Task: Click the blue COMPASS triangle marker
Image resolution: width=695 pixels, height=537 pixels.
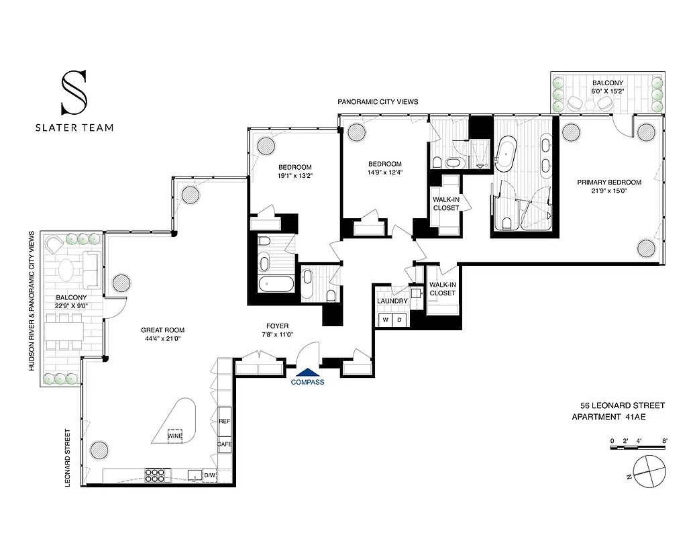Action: click(x=308, y=372)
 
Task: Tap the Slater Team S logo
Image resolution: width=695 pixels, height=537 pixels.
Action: click(x=73, y=93)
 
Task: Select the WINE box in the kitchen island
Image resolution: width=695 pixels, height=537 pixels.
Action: click(x=176, y=436)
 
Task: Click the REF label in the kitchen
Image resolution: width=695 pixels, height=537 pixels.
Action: click(x=224, y=421)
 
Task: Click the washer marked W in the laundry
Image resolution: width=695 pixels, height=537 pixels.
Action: click(x=385, y=320)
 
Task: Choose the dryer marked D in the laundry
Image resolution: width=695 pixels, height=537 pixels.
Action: click(x=399, y=320)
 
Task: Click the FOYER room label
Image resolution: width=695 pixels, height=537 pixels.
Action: click(x=276, y=326)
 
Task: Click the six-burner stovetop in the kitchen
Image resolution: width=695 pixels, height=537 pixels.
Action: click(x=155, y=475)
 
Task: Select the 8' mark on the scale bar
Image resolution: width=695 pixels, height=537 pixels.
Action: click(x=664, y=441)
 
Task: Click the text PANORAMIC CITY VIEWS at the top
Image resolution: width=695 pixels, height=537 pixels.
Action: click(x=378, y=102)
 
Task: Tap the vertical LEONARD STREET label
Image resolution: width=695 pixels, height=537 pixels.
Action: click(x=68, y=458)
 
